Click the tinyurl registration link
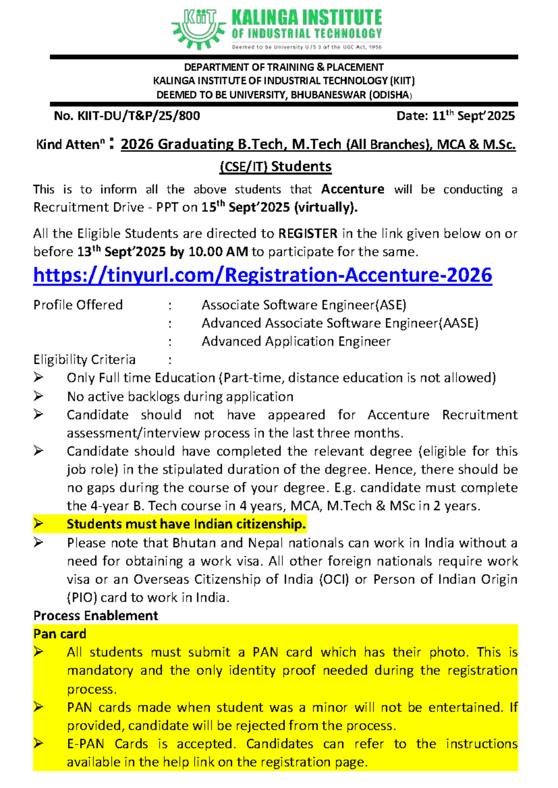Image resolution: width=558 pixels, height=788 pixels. coord(262,275)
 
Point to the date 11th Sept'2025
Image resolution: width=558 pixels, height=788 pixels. coord(456,116)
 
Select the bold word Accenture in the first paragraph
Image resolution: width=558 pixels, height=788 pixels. coord(352,190)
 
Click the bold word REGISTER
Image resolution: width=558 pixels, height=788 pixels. coord(308,234)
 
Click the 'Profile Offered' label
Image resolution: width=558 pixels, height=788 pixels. coord(78,305)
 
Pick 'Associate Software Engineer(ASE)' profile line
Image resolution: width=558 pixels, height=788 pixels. coord(304,305)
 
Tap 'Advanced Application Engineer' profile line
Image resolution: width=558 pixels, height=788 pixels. coord(296,341)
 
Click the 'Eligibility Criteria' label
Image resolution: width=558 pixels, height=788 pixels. coord(84,360)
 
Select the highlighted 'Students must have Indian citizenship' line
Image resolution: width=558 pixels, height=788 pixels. coord(186,524)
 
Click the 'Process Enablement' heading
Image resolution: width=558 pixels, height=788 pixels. coord(95,616)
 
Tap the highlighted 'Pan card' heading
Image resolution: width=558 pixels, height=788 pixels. coord(60,634)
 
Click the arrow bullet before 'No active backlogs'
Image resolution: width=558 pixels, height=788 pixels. coord(38,396)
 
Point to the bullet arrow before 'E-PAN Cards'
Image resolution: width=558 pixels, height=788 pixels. coord(38,743)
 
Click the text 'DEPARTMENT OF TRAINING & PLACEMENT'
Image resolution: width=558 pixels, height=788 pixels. coord(284,67)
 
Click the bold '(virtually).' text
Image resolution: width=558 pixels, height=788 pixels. coord(326,207)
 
